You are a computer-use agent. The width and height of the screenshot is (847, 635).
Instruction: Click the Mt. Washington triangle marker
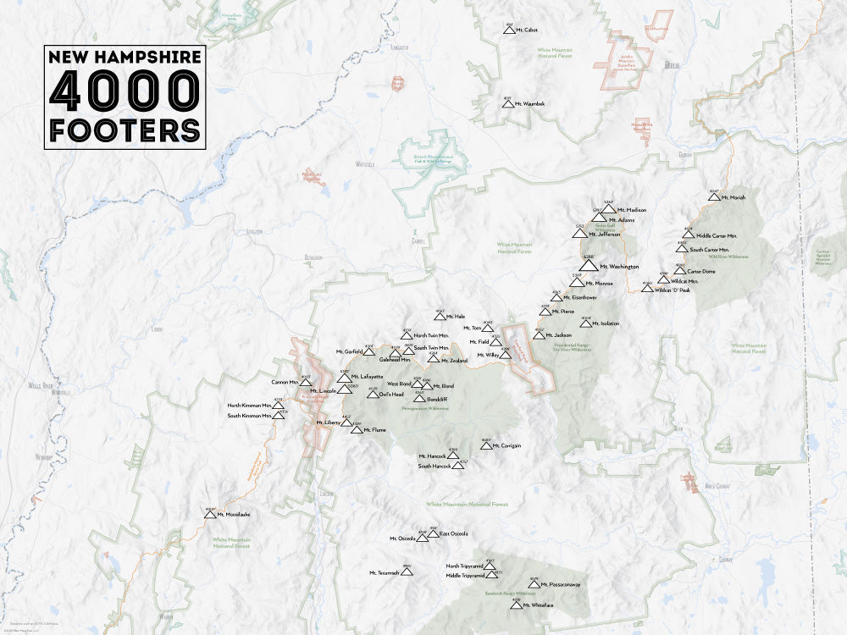point(589,265)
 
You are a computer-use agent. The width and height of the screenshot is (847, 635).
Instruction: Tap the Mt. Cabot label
point(525,30)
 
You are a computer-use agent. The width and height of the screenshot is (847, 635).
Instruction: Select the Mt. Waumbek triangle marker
point(508,103)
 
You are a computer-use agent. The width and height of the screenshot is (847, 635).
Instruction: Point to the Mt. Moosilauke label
point(233,514)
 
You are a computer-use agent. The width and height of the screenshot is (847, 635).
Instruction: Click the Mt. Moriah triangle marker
point(714,197)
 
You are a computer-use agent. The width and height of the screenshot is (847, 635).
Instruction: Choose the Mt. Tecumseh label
point(383,573)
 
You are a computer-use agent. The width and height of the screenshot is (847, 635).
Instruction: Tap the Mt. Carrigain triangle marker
point(486,444)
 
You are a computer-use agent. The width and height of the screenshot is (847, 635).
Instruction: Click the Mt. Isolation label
point(606,323)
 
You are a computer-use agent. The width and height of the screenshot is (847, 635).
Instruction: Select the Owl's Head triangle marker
point(372,394)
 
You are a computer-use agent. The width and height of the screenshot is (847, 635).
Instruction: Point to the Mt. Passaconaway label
point(562,584)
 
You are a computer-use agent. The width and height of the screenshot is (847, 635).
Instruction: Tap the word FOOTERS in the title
point(125,130)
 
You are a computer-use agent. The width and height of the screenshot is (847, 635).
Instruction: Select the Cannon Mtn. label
point(285,382)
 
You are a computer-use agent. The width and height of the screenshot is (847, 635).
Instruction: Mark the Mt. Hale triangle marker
point(440,317)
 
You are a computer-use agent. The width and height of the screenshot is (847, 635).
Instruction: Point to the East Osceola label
point(453,533)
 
